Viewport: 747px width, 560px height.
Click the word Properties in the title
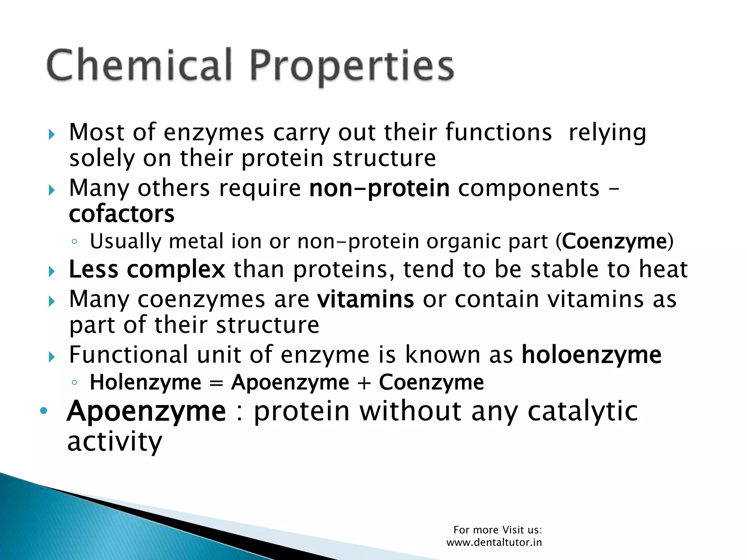352,67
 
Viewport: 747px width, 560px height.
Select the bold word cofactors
121,214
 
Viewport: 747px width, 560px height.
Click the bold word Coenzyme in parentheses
614,241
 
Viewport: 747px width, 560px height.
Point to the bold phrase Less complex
147,270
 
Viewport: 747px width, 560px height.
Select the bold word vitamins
365,299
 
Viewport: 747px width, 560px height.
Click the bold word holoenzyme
591,355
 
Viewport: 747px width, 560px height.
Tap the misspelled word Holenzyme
146,382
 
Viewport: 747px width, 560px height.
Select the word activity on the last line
115,442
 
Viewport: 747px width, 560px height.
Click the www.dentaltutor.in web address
494,542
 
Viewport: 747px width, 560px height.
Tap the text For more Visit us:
498,530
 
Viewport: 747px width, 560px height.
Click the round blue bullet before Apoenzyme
43,411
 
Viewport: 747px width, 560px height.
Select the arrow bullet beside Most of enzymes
51,135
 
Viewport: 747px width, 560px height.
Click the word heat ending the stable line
663,270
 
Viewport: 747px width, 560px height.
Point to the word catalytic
582,411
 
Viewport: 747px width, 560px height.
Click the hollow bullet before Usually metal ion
74,241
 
